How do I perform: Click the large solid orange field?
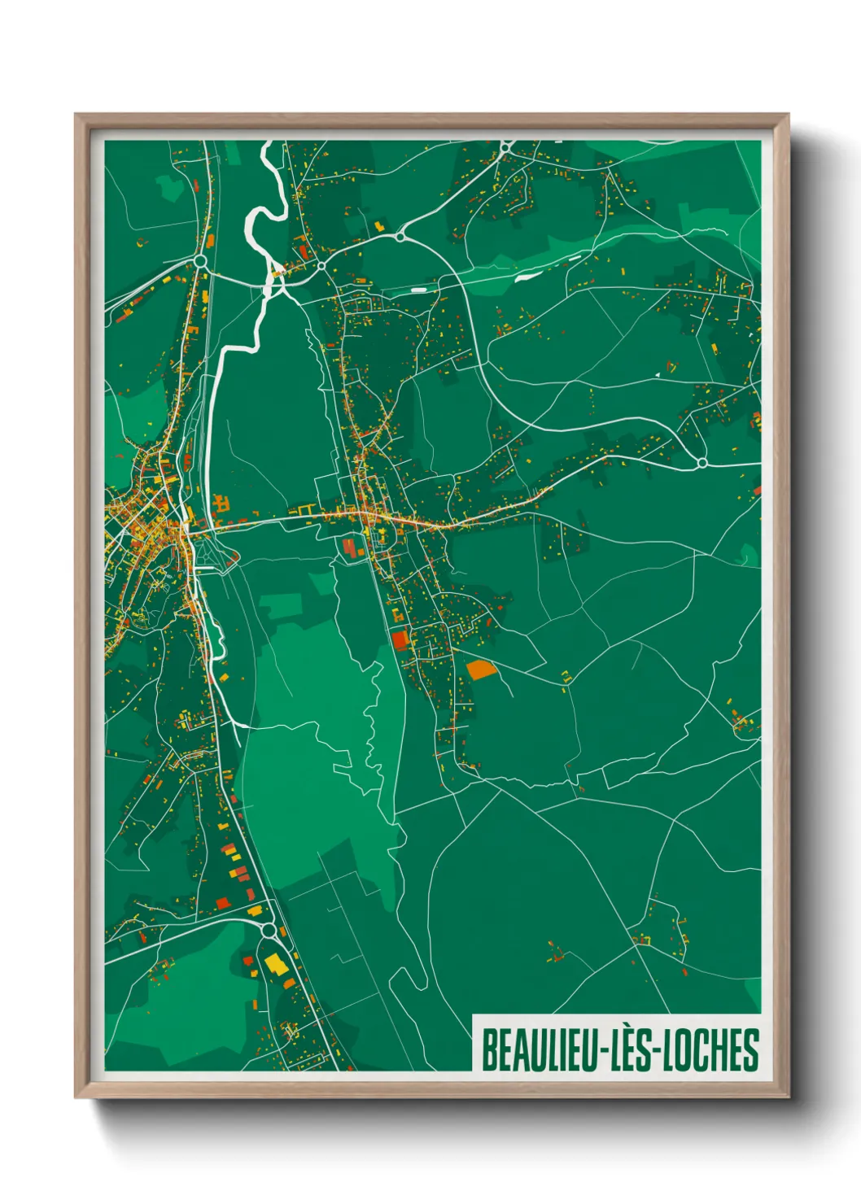(x=480, y=670)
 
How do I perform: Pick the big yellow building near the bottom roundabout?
(x=275, y=965)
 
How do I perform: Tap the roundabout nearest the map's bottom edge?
(x=269, y=930)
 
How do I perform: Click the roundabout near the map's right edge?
(x=701, y=463)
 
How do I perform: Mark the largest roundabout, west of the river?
(x=200, y=261)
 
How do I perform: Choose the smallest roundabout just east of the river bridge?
(x=321, y=266)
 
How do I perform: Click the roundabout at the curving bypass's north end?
(x=400, y=236)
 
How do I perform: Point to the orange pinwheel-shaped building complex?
(x=221, y=504)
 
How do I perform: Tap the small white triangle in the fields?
(x=657, y=375)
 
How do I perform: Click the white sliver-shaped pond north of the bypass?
(x=526, y=276)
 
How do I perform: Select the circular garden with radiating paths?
(x=391, y=535)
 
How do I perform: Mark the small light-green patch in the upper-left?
(x=170, y=188)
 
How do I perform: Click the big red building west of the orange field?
(x=399, y=639)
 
